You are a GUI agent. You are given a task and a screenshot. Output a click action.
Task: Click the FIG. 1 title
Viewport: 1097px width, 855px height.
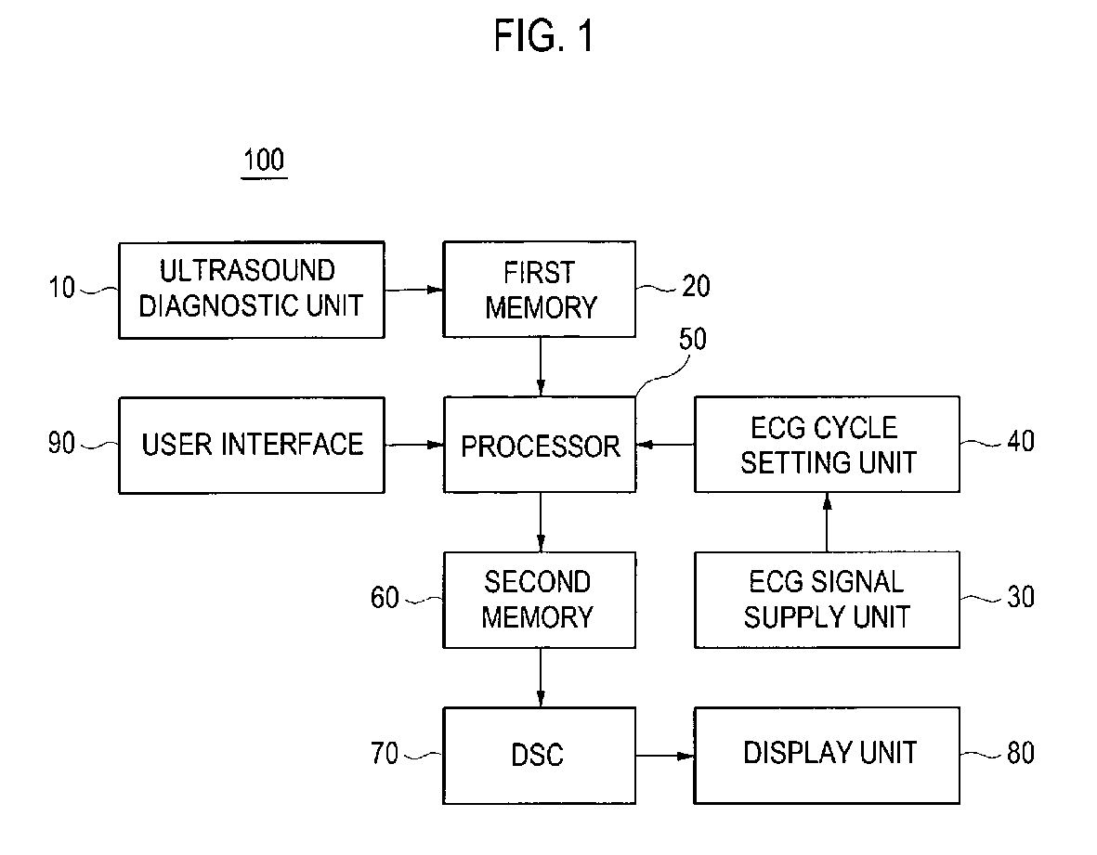[x=543, y=35]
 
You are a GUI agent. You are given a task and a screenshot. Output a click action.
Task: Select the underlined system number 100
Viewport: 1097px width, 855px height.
[x=264, y=161]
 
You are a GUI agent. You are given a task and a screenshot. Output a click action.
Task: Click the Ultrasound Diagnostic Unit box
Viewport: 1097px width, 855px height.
[x=252, y=291]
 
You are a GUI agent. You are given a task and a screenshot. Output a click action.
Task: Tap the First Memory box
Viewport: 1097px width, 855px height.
[x=540, y=290]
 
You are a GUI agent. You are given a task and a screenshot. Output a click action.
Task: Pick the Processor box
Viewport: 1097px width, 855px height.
[x=540, y=445]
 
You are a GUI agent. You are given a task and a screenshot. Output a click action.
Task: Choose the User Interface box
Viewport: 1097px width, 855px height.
[x=252, y=446]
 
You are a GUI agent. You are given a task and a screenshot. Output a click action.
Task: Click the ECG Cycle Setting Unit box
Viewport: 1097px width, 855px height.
[x=827, y=445]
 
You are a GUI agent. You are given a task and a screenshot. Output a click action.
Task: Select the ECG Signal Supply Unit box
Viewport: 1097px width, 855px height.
[x=827, y=600]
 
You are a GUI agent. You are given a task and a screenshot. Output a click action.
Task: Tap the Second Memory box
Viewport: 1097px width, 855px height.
[x=540, y=600]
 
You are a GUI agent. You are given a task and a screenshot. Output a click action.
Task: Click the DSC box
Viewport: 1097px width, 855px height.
[x=540, y=756]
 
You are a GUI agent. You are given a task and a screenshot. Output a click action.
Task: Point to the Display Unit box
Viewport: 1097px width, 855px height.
[x=827, y=756]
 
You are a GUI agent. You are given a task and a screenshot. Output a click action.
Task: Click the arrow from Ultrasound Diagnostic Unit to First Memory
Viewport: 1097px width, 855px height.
[x=414, y=290]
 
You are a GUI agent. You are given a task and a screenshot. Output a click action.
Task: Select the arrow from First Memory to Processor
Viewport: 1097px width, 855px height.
[x=540, y=367]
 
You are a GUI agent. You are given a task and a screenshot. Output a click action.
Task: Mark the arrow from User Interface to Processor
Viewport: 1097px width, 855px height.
[x=414, y=445]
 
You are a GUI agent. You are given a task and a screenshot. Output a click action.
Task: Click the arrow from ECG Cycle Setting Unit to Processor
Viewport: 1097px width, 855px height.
[x=665, y=445]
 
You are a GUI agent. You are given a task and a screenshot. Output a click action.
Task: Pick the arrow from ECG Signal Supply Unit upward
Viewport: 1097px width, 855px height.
[x=827, y=523]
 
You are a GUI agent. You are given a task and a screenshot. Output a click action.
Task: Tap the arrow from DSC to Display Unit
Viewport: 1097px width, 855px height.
[x=665, y=756]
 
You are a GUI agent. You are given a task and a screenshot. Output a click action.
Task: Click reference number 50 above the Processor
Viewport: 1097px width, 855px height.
[x=693, y=339]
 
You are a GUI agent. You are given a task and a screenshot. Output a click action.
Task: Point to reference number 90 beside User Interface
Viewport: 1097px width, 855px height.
[x=61, y=443]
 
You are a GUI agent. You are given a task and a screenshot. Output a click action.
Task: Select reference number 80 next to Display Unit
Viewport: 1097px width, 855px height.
[x=1021, y=753]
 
